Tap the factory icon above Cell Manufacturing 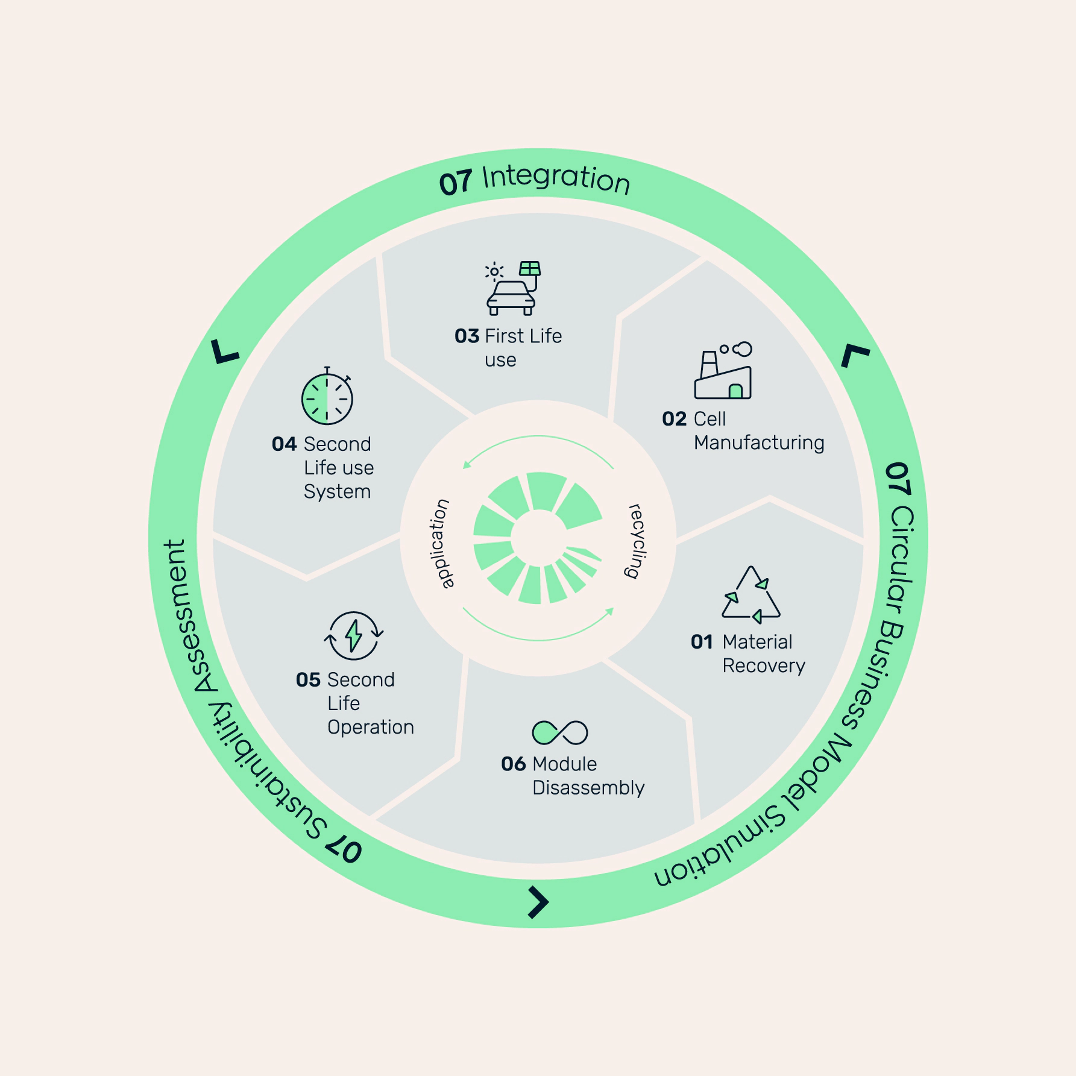723,370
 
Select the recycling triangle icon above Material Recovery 751,594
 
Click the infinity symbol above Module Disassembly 560,732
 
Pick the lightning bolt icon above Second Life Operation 354,635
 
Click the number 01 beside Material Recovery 702,642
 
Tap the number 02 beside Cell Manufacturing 675,419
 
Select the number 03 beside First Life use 467,336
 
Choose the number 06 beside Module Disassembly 514,764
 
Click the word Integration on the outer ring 556,179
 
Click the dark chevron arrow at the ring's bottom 538,902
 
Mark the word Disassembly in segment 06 588,788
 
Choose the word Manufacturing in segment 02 759,442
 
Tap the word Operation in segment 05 371,728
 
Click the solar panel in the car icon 530,268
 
